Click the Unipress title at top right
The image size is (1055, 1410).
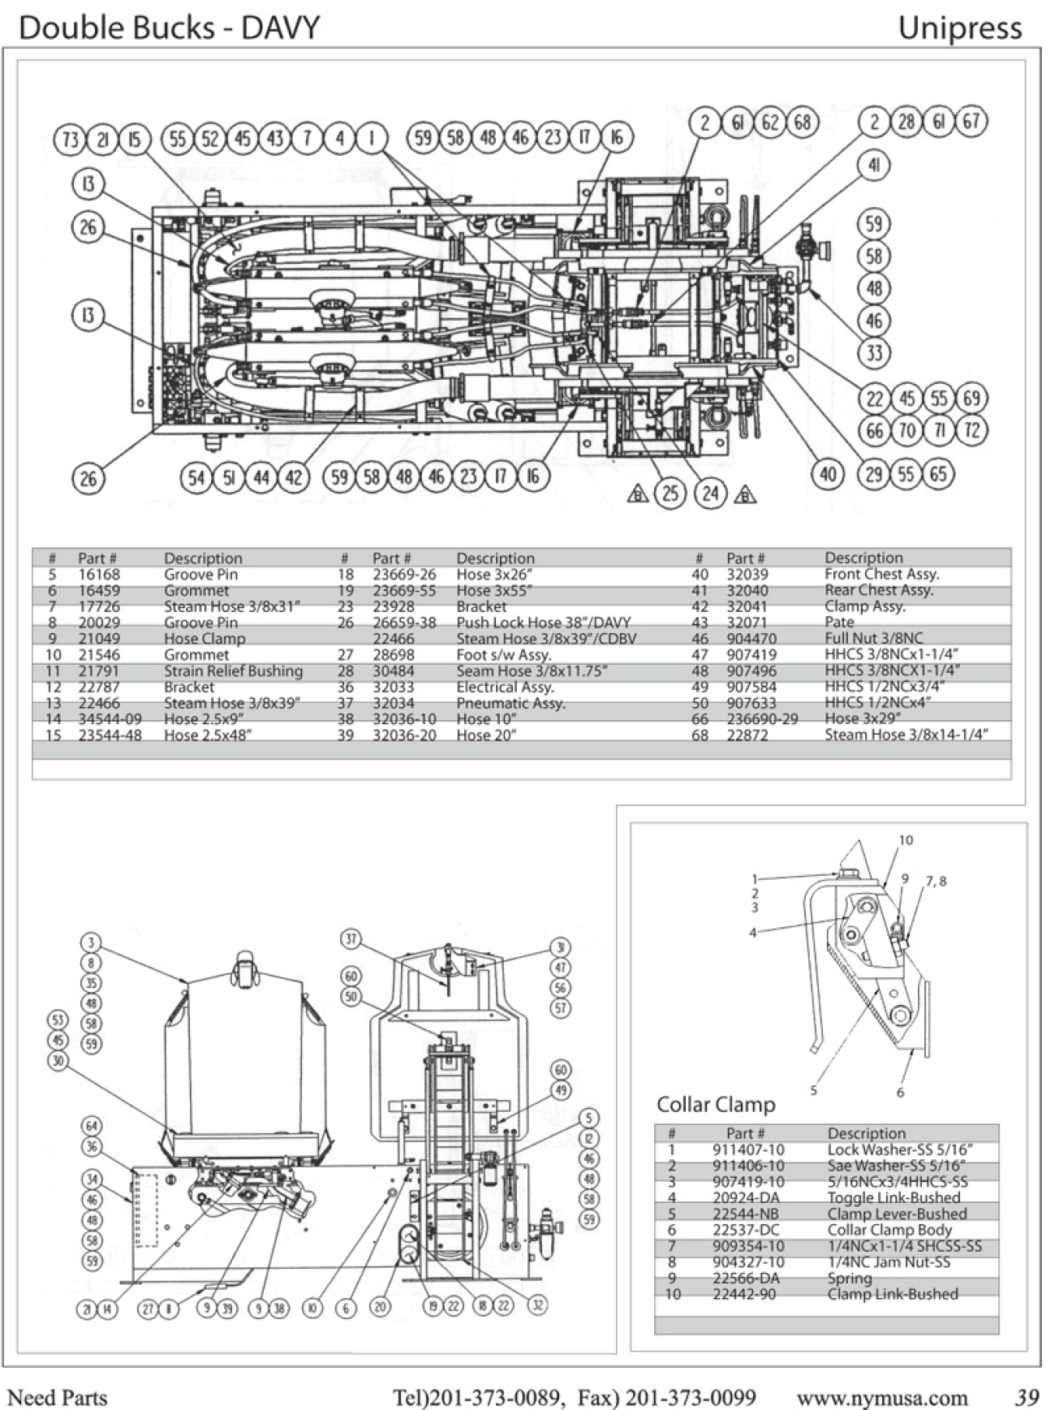[x=959, y=28]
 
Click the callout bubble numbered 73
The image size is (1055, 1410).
[x=71, y=140]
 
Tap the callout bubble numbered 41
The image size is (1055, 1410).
[x=874, y=166]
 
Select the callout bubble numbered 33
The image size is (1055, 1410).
[x=874, y=352]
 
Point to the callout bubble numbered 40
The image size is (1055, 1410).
[x=827, y=474]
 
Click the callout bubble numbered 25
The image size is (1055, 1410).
[x=670, y=493]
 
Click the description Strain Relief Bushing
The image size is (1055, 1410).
[x=233, y=671]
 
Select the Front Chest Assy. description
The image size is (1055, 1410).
[x=881, y=574]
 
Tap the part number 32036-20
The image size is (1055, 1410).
[x=403, y=735]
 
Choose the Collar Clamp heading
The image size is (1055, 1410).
[x=715, y=1105]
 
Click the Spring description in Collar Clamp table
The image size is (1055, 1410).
[x=850, y=1278]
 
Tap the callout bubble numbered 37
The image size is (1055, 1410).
[x=351, y=939]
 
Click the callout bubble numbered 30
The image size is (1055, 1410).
[x=58, y=1061]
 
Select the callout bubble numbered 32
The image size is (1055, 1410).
[x=537, y=1304]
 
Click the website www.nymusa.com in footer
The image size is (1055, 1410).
[x=881, y=1398]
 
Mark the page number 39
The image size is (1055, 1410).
[x=1027, y=1398]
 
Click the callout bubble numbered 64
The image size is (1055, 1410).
[x=92, y=1126]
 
